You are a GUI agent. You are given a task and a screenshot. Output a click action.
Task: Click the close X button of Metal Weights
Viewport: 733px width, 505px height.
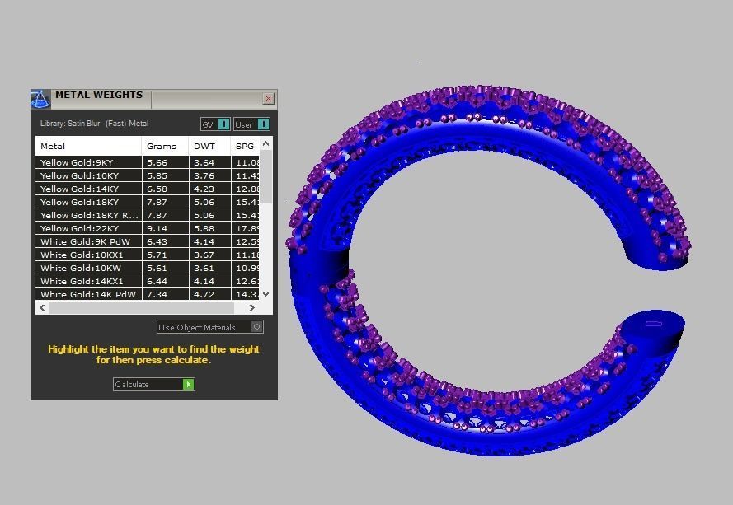[269, 99]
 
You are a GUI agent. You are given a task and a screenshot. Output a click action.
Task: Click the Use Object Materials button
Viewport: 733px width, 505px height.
[210, 327]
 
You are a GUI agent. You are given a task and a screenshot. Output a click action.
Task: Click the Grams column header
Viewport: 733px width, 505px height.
[162, 146]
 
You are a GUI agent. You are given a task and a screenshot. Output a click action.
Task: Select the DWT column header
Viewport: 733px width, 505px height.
[204, 146]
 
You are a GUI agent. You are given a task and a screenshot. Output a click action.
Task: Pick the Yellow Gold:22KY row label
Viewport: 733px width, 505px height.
[79, 228]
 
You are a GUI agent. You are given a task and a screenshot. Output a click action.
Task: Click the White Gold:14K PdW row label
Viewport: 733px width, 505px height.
[88, 294]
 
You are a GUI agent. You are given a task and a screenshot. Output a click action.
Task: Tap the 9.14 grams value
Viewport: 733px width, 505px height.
[157, 228]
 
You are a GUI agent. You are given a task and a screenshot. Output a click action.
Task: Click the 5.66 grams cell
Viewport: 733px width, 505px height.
[157, 162]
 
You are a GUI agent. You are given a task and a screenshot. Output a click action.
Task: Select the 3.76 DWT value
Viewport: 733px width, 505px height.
[204, 175]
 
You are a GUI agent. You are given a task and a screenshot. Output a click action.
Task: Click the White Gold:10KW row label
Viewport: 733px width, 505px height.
[80, 268]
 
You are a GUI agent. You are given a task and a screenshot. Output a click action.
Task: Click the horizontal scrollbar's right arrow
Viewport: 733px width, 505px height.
[252, 307]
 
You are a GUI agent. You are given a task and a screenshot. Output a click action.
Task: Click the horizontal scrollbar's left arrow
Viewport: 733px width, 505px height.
[41, 307]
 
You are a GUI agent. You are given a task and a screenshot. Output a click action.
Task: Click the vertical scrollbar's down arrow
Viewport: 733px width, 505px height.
[265, 294]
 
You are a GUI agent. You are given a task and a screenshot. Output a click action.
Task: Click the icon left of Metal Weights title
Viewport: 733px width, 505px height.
[40, 99]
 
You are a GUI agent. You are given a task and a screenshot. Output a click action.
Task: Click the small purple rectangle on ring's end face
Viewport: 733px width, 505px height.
[654, 324]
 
